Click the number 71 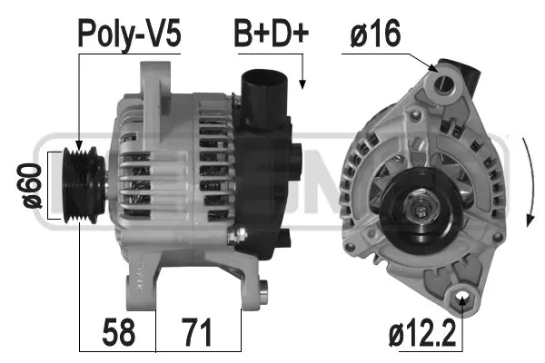pos(198,332)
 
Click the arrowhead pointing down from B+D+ pos(303,83)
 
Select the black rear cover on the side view pos(272,181)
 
